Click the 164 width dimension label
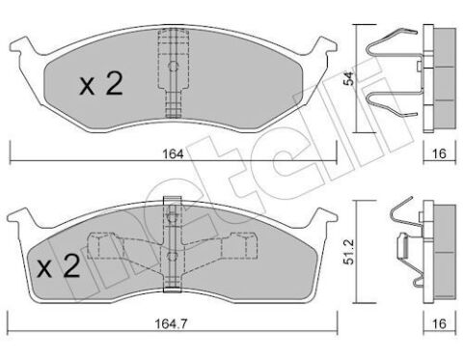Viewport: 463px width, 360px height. tap(173, 154)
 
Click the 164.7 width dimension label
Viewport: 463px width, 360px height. tap(171, 323)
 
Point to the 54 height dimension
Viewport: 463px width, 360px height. tap(349, 78)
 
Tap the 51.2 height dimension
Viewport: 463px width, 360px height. tap(348, 252)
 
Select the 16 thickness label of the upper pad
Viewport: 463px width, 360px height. tap(440, 153)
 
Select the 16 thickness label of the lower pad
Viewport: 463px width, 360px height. tap(440, 323)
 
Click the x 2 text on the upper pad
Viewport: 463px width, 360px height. tap(101, 83)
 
